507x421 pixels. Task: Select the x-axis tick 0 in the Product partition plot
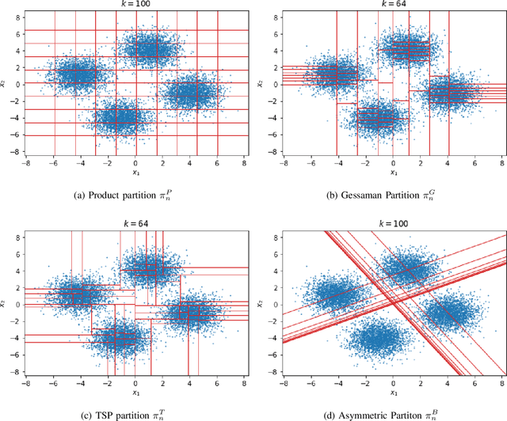point(135,163)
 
